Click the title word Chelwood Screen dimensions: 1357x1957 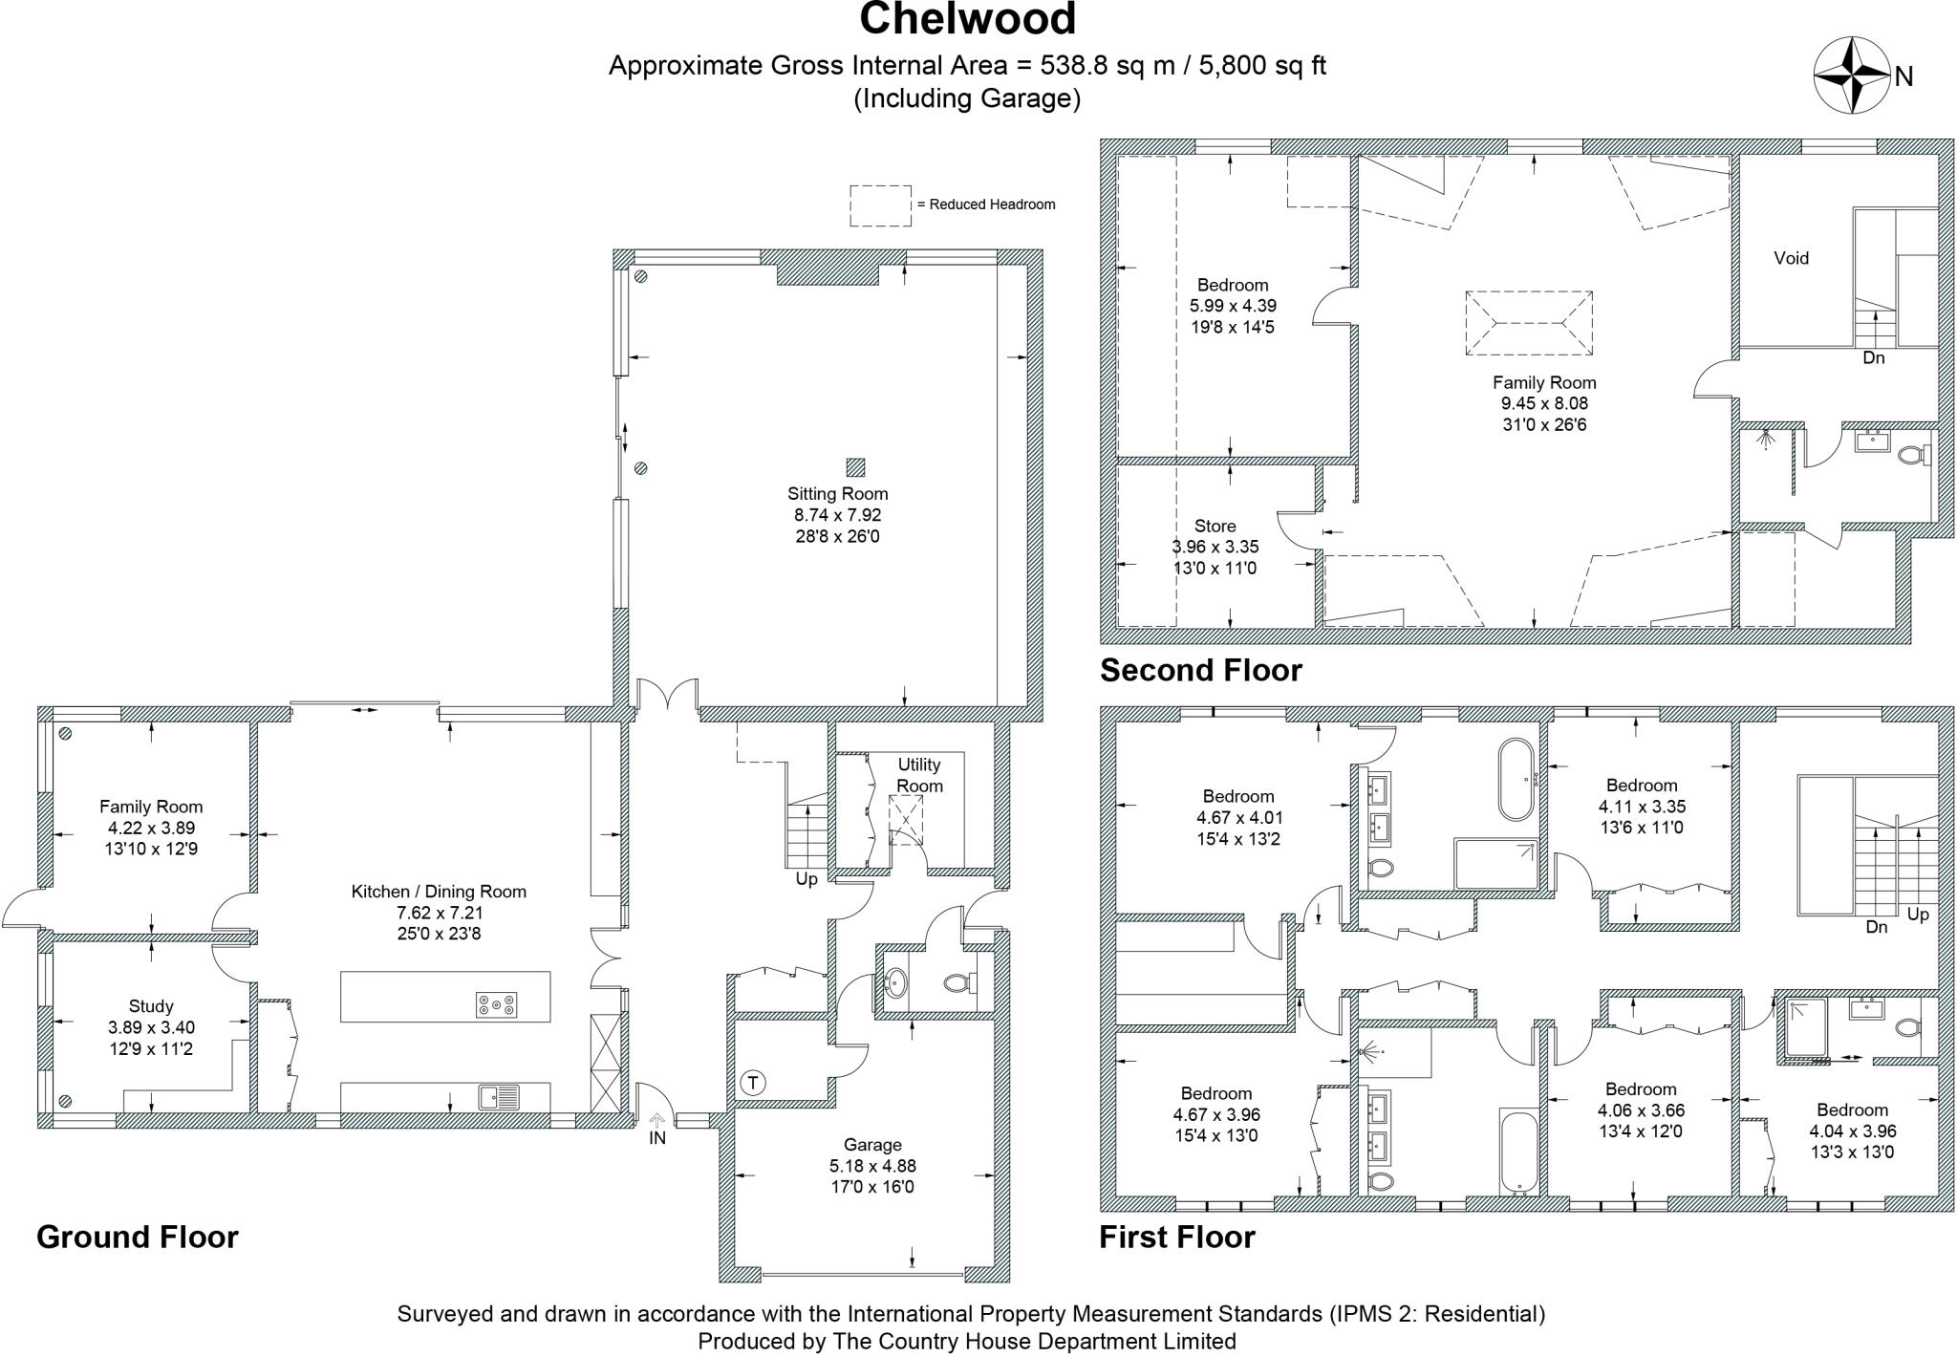point(967,20)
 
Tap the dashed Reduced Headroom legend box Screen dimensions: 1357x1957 point(880,205)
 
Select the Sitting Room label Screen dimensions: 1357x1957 point(837,494)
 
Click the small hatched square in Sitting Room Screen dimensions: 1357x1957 point(855,467)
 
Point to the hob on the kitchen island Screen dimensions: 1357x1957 point(497,1005)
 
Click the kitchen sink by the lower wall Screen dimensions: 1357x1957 point(499,1096)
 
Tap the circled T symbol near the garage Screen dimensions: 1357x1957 point(753,1083)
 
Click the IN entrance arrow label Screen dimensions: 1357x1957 point(656,1137)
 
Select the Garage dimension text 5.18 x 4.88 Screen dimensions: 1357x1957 point(871,1166)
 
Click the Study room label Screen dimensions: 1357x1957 point(151,1006)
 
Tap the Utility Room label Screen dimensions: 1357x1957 point(919,775)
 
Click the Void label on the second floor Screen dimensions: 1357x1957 point(1791,258)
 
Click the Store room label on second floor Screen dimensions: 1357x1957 point(1215,527)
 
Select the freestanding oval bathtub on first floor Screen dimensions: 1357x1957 point(1516,779)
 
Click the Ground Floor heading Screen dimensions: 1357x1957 point(137,1237)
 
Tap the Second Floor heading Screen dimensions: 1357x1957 point(1200,670)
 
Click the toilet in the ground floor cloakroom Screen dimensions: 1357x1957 point(957,982)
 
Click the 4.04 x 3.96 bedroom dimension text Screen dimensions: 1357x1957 point(1852,1131)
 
